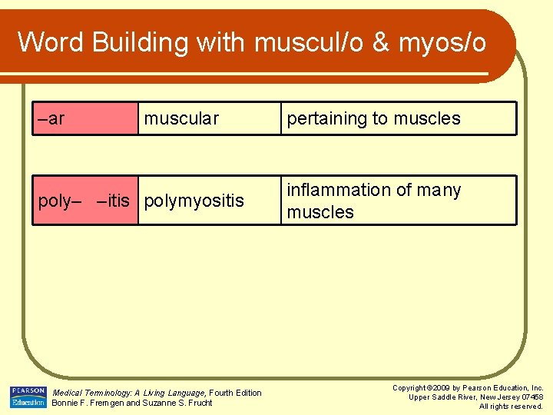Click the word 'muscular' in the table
click(x=181, y=118)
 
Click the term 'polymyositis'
click(x=194, y=201)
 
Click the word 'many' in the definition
click(x=440, y=190)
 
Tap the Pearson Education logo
click(x=28, y=397)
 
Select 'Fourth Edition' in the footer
click(x=237, y=393)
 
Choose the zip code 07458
click(x=530, y=397)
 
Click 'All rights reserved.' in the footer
click(x=511, y=406)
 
